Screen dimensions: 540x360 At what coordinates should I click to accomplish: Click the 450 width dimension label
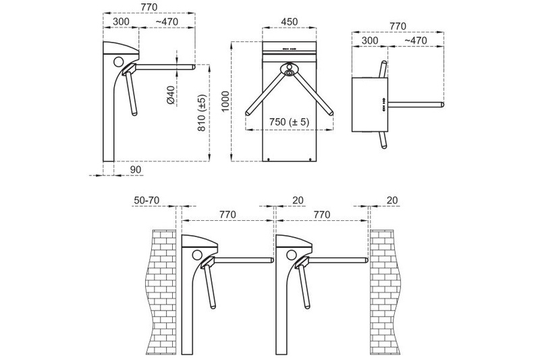pos(290,22)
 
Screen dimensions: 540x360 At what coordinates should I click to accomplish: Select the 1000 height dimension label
pos(225,101)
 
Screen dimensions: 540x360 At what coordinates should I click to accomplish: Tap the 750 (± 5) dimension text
pos(290,122)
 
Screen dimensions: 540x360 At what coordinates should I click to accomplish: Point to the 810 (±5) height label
pos(202,113)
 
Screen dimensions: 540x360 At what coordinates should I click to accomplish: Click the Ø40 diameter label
pos(171,95)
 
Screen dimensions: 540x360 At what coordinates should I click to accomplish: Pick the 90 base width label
pos(136,170)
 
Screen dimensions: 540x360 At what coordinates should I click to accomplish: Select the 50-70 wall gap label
pos(146,200)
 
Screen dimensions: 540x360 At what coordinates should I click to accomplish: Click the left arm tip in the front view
pos(247,113)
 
